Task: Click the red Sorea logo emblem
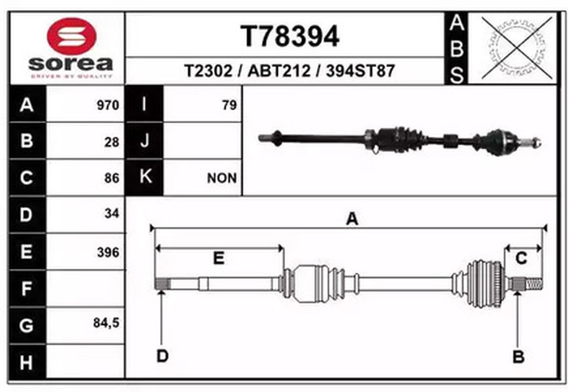[72, 36]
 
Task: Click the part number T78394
[290, 36]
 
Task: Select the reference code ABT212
[279, 70]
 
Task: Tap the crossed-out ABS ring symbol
[517, 48]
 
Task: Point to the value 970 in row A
[108, 105]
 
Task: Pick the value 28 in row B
[111, 142]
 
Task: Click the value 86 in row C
[111, 178]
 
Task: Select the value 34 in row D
[111, 214]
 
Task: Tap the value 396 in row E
[108, 252]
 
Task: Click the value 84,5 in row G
[106, 323]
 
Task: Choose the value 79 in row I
[229, 105]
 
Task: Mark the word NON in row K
[222, 178]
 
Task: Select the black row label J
[144, 140]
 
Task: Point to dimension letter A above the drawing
[352, 219]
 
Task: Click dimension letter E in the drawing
[219, 258]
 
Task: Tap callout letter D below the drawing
[162, 356]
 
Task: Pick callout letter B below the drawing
[519, 357]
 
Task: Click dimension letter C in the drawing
[521, 258]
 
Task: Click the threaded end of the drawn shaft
[534, 283]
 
